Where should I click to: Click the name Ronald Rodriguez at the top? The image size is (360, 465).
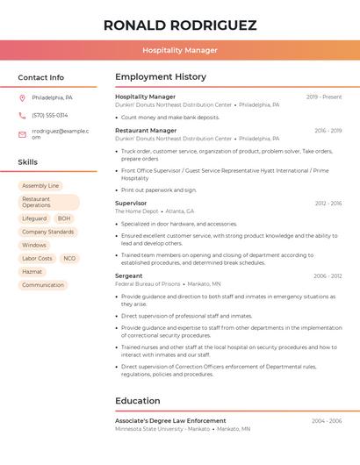point(180,25)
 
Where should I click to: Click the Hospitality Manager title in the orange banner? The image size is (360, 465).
point(180,50)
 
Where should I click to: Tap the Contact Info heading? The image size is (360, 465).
point(40,77)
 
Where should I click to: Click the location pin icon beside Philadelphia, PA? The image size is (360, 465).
point(22,97)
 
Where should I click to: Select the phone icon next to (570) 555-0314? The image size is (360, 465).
point(22,115)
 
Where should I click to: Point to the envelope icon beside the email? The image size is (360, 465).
point(22,134)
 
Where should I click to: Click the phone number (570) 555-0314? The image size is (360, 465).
point(49,115)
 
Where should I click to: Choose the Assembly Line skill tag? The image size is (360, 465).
point(40,186)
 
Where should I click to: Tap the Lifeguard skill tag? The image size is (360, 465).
point(34,218)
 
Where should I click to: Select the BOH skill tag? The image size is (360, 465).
point(64,218)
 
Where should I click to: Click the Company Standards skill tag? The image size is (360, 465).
point(48,232)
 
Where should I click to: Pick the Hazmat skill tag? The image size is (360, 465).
point(32,272)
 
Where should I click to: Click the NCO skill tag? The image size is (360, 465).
point(69,259)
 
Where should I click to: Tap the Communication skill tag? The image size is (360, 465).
point(43,285)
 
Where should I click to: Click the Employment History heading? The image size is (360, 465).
point(161,77)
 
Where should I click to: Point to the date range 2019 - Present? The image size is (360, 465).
point(324,97)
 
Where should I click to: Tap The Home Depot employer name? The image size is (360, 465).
point(136,211)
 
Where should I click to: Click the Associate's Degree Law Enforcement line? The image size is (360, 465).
point(170,421)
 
